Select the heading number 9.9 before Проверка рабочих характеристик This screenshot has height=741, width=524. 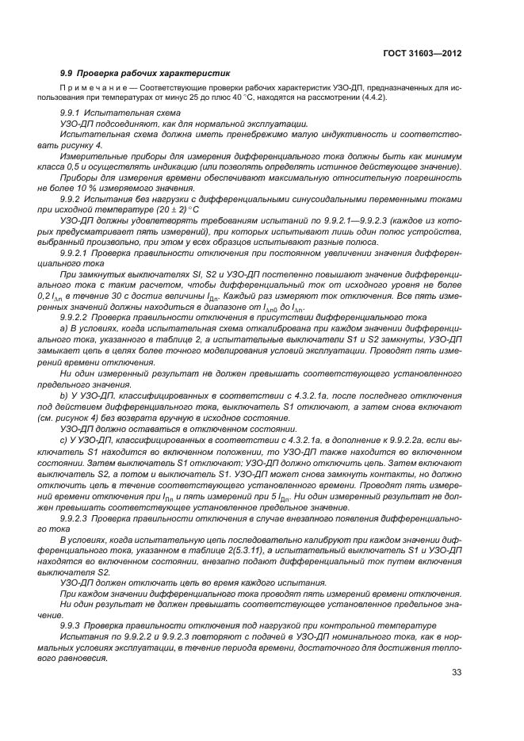pyautogui.click(x=68, y=73)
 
